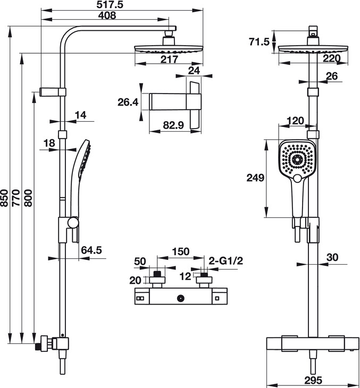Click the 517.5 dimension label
point(110,5)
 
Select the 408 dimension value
point(107,15)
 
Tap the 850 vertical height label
point(4,198)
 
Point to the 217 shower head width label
point(169,60)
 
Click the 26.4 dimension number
point(128,102)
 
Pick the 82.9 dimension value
point(173,125)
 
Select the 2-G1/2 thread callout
point(226,260)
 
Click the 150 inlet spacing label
point(181,251)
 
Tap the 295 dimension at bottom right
point(313,380)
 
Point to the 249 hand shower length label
point(255,178)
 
